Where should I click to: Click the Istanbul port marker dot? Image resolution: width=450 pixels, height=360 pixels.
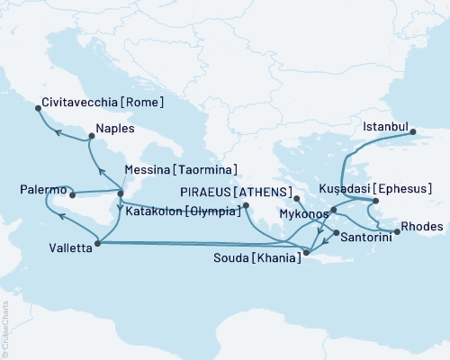pos(414,133)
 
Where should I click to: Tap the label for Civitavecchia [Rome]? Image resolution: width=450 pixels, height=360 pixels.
pos(102,103)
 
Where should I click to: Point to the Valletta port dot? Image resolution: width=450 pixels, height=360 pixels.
pos(96,241)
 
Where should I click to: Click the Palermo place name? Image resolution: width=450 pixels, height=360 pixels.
pos(41,190)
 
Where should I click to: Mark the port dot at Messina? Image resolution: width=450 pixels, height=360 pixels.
pos(121,192)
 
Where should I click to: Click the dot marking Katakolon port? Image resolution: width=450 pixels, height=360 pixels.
pos(245,206)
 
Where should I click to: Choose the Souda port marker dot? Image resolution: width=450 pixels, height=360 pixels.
pos(306,254)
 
